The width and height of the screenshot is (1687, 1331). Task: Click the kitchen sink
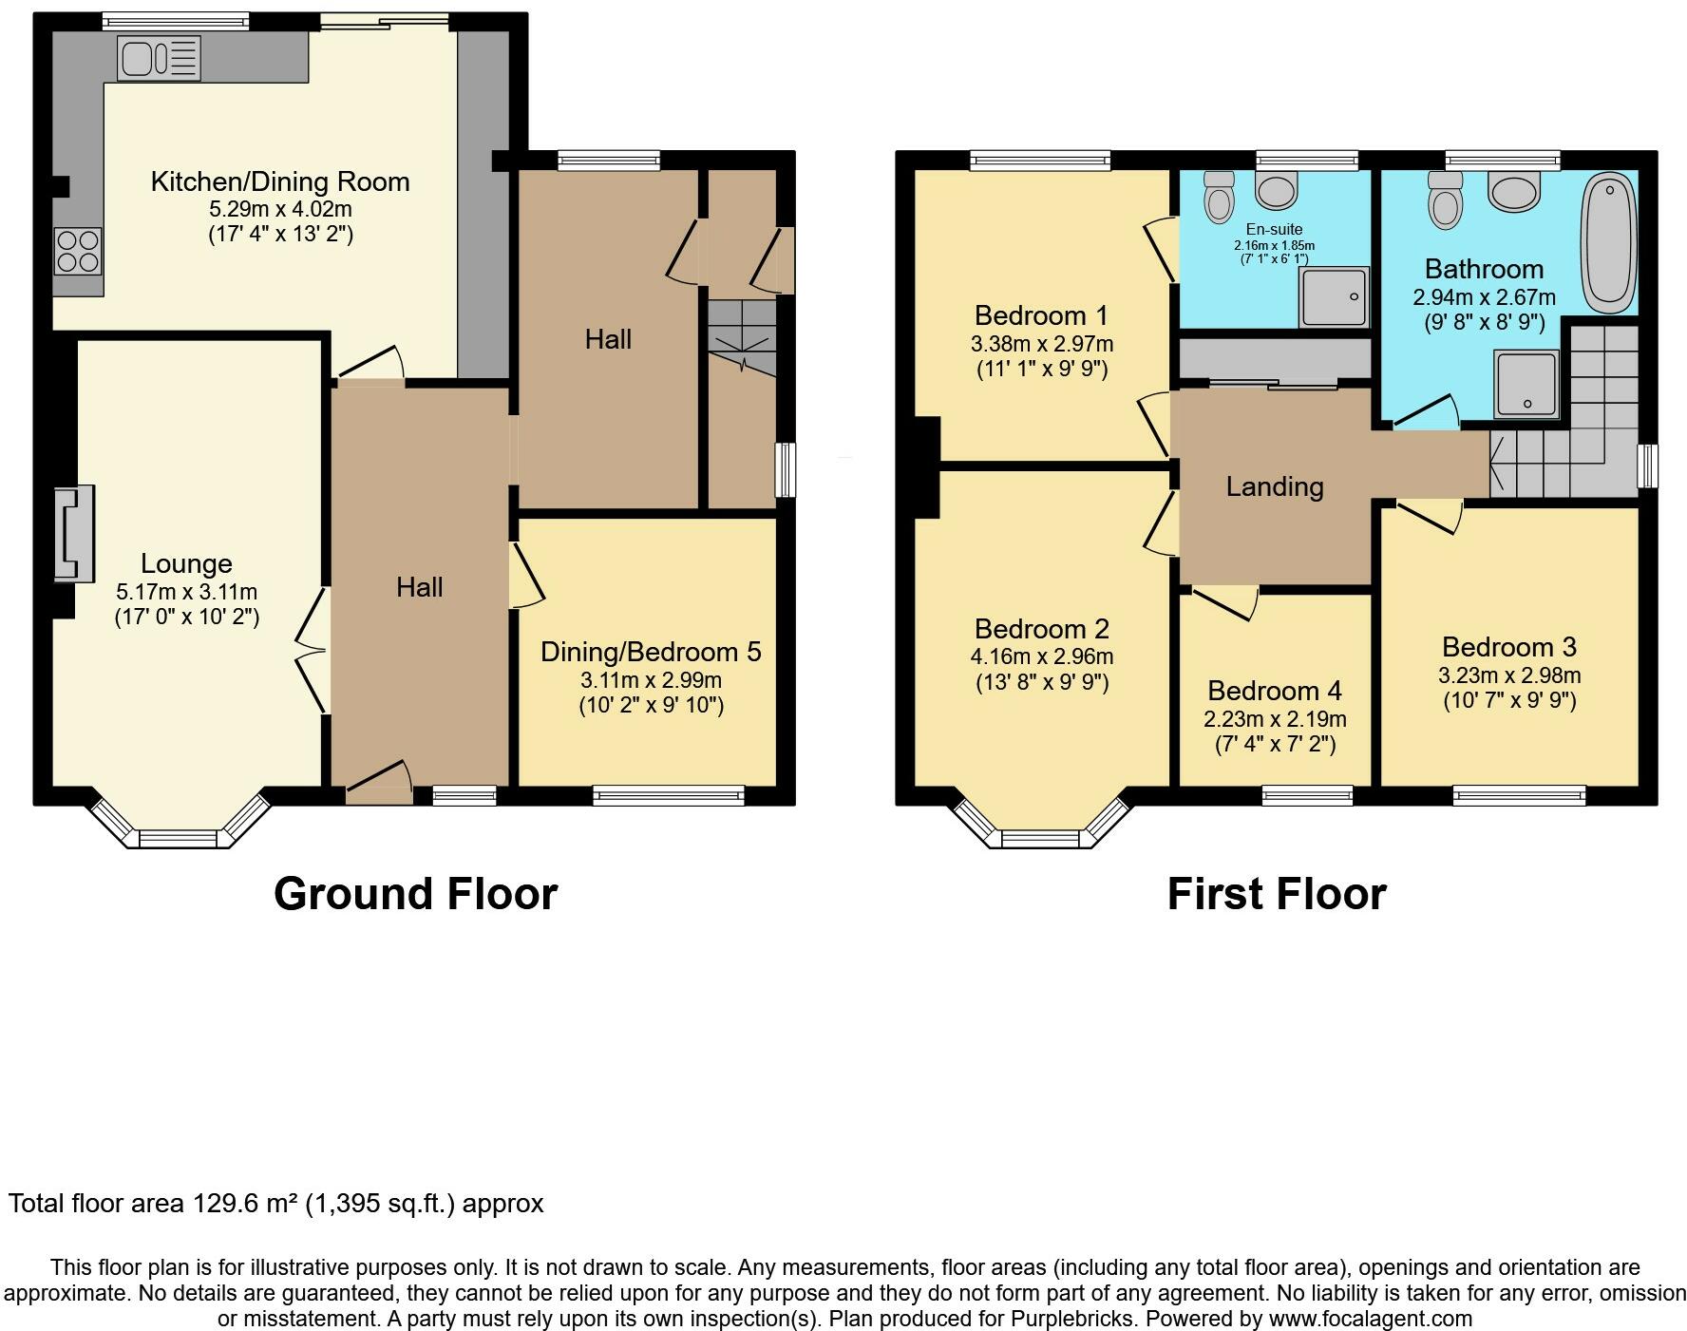[x=159, y=57]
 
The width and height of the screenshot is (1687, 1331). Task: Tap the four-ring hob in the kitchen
[x=78, y=251]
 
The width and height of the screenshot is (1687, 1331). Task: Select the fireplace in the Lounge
[x=74, y=533]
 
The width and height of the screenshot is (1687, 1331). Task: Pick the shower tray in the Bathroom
[x=1526, y=384]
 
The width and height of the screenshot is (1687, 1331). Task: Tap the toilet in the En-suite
[x=1218, y=197]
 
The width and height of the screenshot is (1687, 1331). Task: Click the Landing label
[x=1275, y=486]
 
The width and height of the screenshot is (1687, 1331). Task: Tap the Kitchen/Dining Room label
[x=280, y=181]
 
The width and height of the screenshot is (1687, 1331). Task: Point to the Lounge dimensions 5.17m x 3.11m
[x=186, y=592]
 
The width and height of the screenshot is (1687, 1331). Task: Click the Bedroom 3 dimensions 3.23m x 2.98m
[x=1509, y=675]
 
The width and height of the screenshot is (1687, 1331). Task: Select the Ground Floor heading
[x=415, y=894]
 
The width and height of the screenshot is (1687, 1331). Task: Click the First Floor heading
[x=1277, y=894]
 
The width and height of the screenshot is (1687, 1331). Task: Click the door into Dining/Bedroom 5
[x=525, y=575]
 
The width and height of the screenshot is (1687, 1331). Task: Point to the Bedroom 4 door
[x=1225, y=602]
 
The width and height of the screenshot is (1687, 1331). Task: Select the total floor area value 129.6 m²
[x=246, y=1204]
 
